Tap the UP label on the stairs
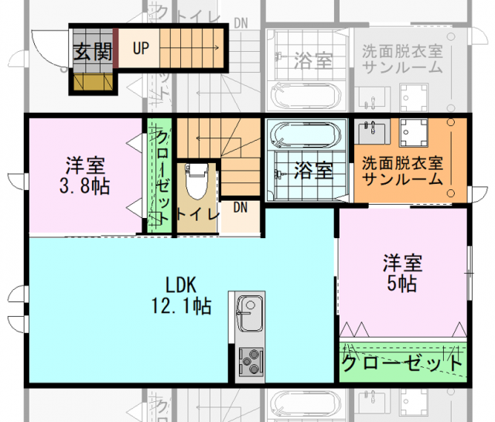[141, 49]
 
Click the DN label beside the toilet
[240, 206]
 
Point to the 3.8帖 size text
[86, 186]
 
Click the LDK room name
[183, 281]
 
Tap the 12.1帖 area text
[183, 305]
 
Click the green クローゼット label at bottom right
[403, 362]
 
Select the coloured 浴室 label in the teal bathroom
[314, 171]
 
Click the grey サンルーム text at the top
[402, 67]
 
